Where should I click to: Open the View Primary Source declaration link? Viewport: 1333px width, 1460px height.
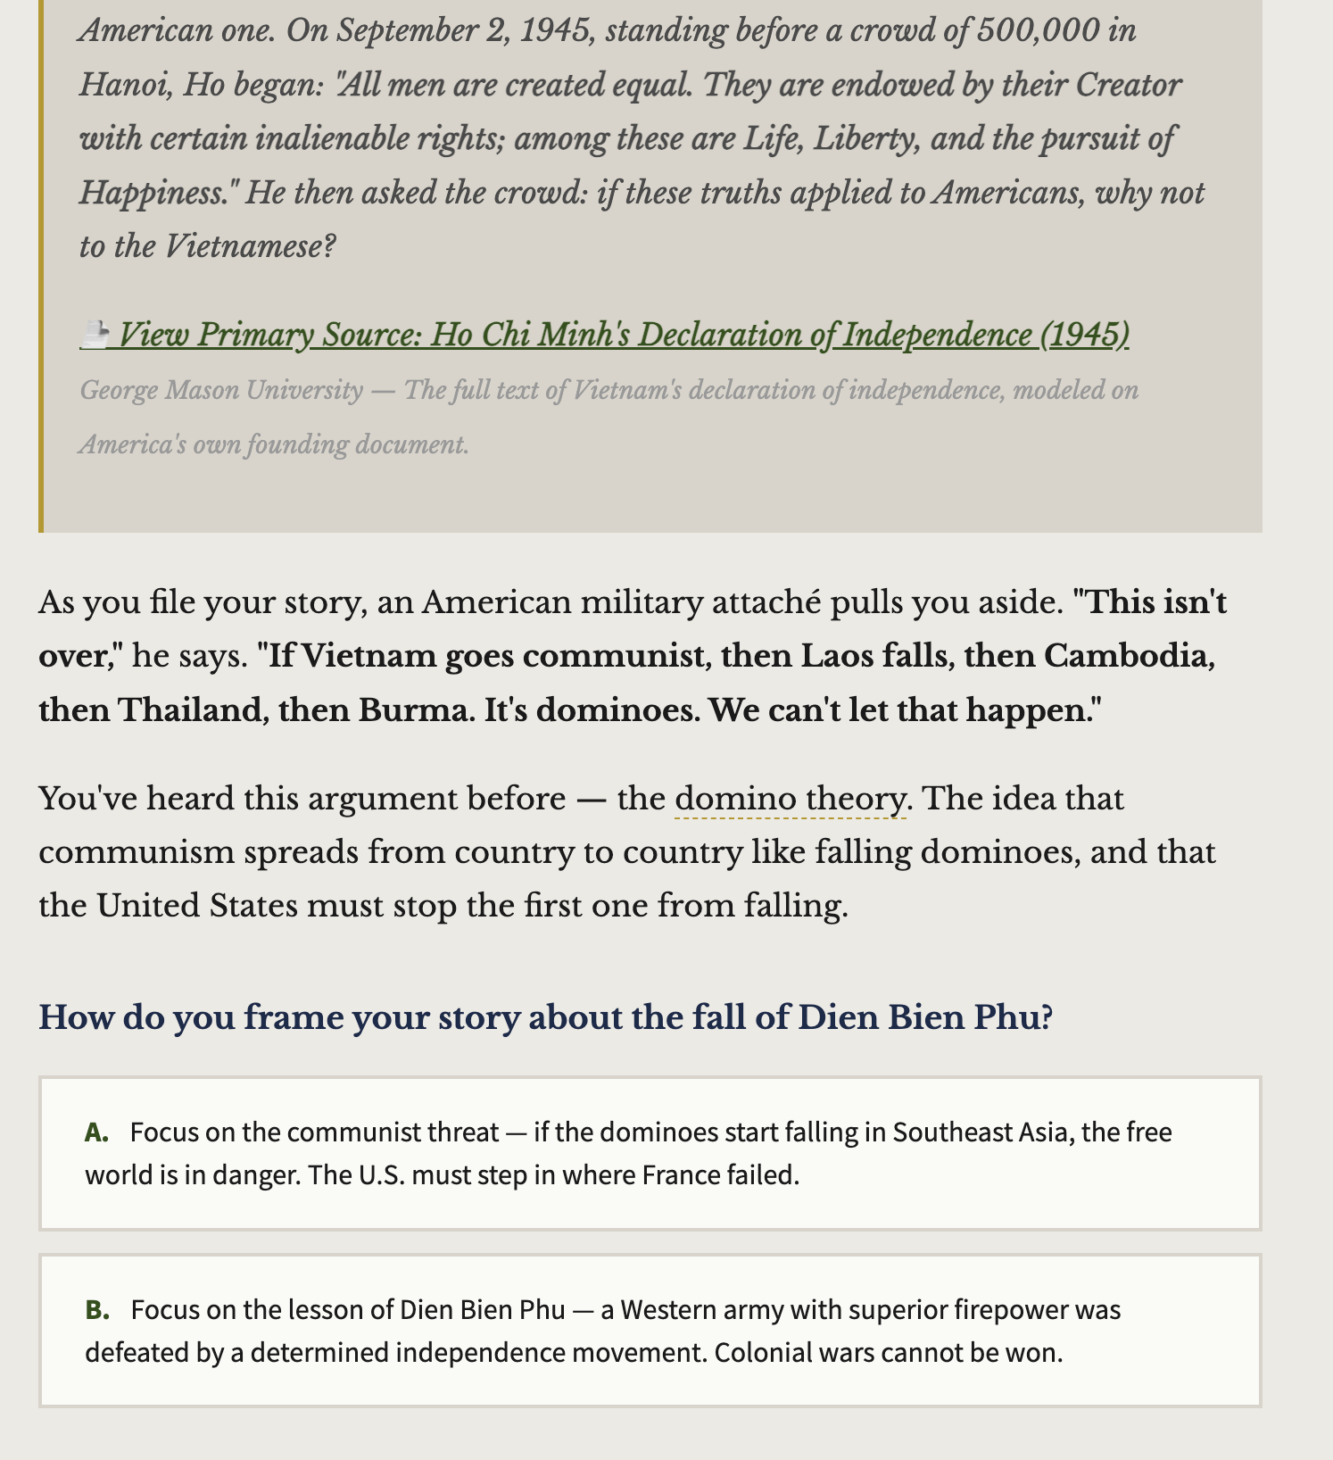tap(623, 335)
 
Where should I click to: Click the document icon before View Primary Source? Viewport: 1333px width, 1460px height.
tap(95, 335)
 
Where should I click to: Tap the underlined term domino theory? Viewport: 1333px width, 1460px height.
tap(790, 798)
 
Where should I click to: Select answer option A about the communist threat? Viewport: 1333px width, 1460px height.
tap(650, 1153)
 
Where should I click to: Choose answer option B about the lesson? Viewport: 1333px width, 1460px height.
tap(650, 1331)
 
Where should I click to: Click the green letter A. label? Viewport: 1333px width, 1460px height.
tap(97, 1132)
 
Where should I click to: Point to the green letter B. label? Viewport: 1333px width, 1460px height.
tap(97, 1310)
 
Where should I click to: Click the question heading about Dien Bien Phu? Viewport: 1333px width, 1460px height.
tap(545, 1017)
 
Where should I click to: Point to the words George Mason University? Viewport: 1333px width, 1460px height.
tap(221, 391)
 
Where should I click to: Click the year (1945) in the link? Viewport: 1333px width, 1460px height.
tap(1084, 335)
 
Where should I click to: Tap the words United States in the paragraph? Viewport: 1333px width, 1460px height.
tap(197, 906)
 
